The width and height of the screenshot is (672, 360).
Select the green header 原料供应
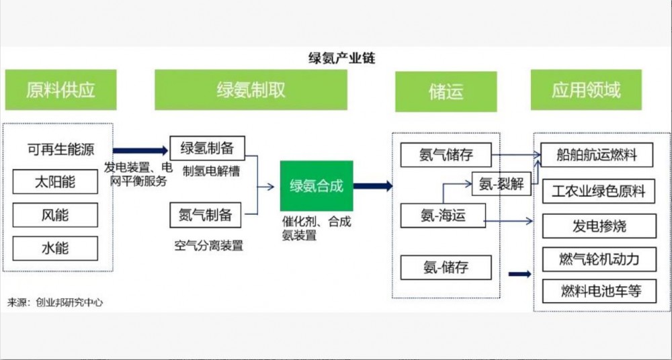pos(60,90)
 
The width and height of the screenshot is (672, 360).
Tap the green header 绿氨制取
pos(251,90)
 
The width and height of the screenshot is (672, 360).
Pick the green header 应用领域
pos(586,90)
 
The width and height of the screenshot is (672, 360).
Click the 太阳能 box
pos(55,182)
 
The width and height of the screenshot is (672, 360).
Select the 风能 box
pos(55,215)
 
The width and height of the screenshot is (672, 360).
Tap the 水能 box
pos(55,248)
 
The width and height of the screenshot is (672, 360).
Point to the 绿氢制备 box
pos(206,148)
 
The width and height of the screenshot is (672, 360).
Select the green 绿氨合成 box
pos(317,185)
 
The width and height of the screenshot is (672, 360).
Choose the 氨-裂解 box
pos(501,183)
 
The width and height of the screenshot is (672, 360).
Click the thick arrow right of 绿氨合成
pos(373,186)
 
